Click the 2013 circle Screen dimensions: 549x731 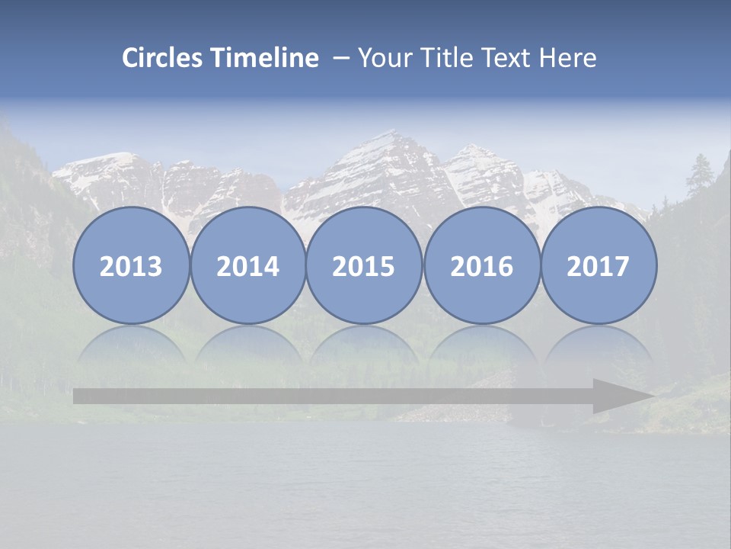click(x=131, y=266)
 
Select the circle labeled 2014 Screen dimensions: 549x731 click(x=247, y=266)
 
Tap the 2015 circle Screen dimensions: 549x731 click(x=364, y=266)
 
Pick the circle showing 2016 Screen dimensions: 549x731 click(x=481, y=266)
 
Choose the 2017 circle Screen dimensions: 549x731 click(x=599, y=266)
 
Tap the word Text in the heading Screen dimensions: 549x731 click(x=503, y=58)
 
